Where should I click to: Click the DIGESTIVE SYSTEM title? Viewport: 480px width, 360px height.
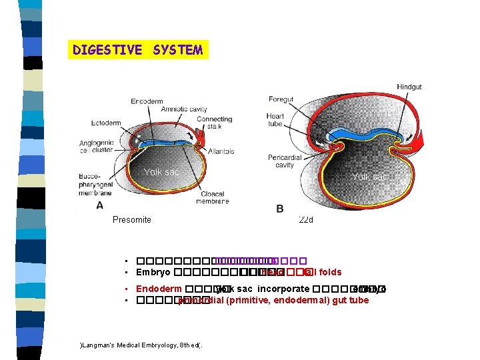point(138,50)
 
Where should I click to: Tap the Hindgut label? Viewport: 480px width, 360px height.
point(409,87)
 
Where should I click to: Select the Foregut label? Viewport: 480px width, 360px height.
point(281,99)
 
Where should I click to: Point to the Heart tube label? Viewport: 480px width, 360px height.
point(275,120)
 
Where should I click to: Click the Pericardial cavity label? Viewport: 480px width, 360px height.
point(281,161)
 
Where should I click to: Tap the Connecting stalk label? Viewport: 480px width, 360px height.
point(214,123)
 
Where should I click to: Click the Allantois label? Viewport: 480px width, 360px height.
point(221,151)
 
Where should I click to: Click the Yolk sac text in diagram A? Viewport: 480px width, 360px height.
point(161,172)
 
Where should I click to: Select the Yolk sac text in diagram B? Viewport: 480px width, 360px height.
point(369,177)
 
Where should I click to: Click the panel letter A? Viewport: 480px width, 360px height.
point(99,205)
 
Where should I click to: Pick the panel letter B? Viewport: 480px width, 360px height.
point(280,209)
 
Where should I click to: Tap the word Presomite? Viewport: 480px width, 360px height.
point(131,219)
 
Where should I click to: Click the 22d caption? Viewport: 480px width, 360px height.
point(306,219)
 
